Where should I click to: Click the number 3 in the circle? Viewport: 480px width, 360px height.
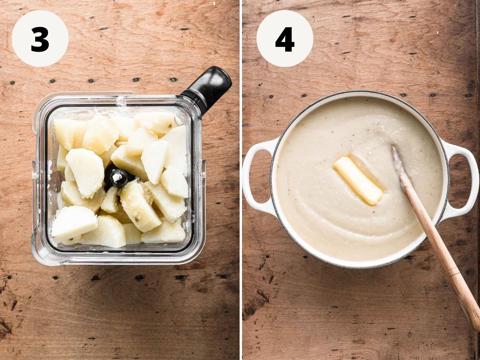pyautogui.click(x=40, y=39)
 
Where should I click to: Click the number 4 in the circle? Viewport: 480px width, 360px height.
pyautogui.click(x=285, y=39)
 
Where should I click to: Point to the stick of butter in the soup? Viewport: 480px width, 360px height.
pyautogui.click(x=358, y=180)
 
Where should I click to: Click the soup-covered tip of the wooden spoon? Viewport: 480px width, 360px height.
pyautogui.click(x=396, y=160)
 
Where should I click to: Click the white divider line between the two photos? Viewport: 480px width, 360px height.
pyautogui.click(x=241, y=180)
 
